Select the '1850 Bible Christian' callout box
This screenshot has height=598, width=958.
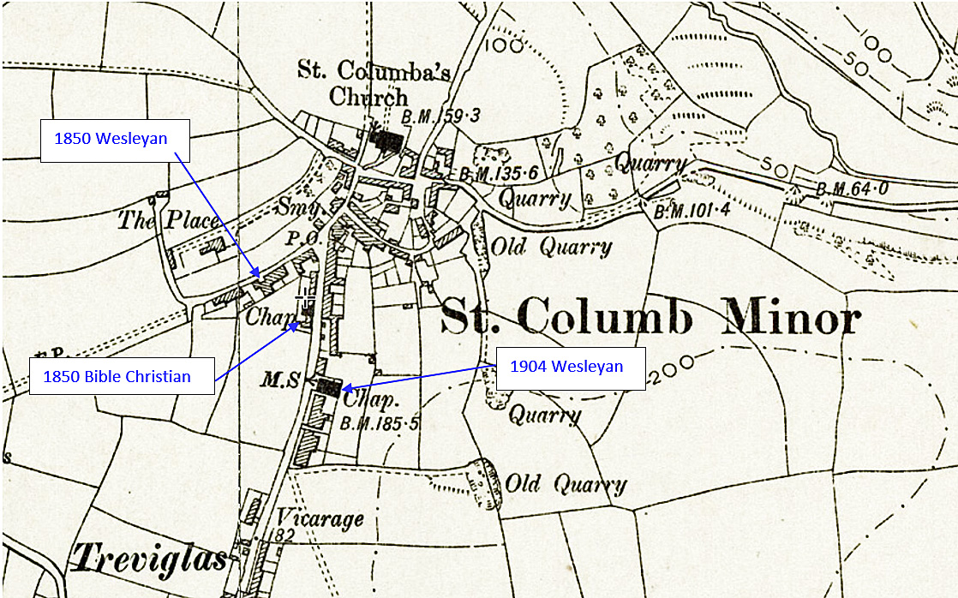122,375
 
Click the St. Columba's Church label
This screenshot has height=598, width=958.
374,82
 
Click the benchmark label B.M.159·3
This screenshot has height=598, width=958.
440,115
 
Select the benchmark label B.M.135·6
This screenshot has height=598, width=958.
499,174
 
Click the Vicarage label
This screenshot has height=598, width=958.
320,518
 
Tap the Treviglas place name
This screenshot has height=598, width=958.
148,558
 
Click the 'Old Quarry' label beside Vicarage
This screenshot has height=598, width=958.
566,484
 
